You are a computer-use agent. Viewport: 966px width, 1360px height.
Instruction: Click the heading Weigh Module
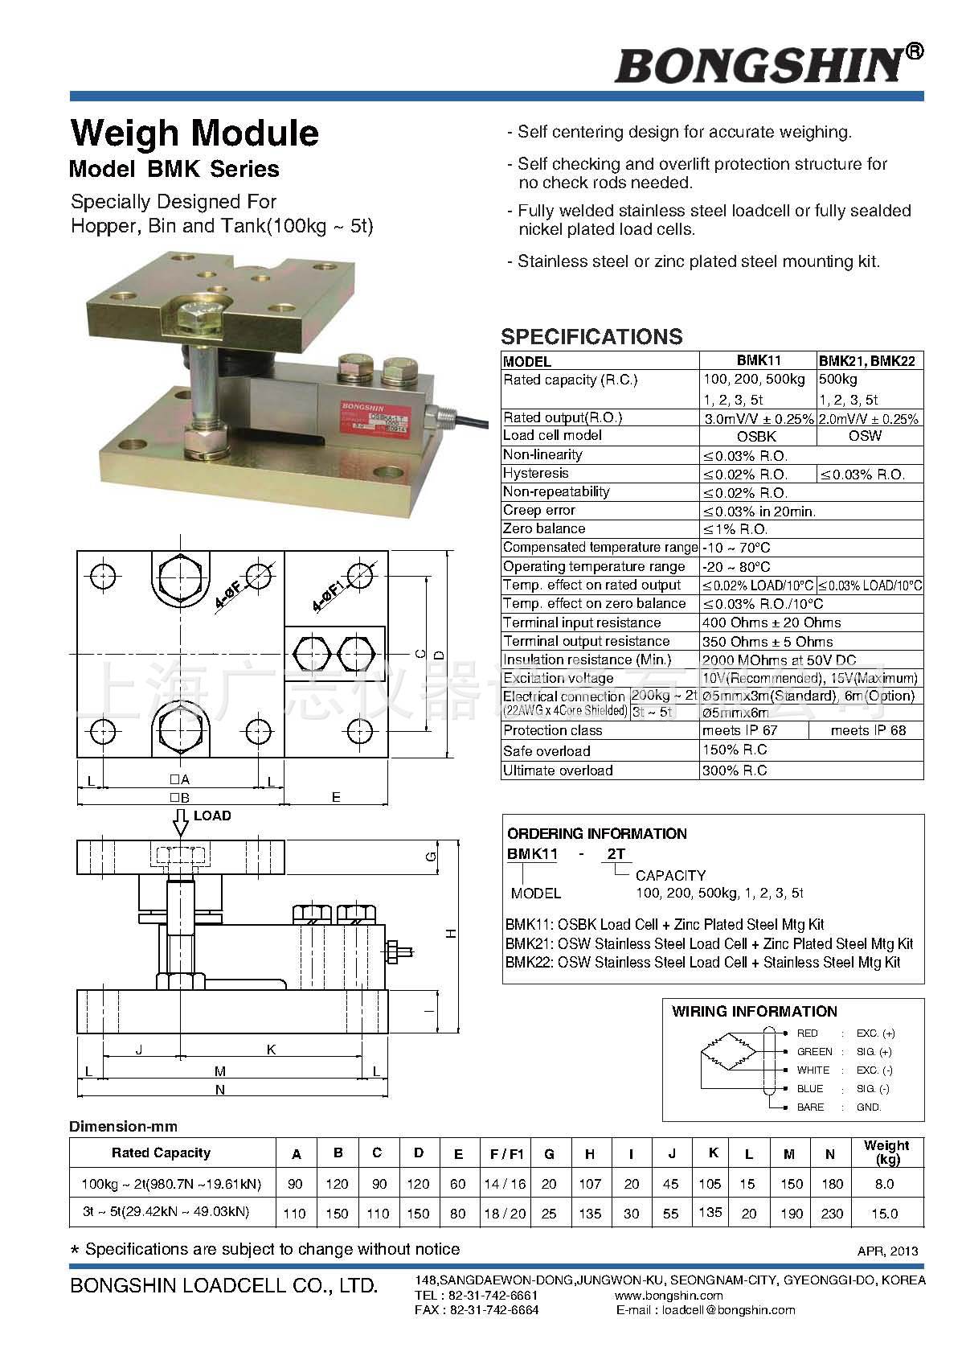click(194, 133)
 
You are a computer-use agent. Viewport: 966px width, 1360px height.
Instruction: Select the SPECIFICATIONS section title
click(591, 336)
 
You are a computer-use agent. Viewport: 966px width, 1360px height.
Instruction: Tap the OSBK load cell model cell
click(757, 436)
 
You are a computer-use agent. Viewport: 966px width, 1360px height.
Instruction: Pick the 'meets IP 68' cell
click(868, 730)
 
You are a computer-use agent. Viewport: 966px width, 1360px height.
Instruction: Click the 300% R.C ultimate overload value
click(735, 770)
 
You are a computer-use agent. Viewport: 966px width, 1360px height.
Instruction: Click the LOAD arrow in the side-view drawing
click(181, 822)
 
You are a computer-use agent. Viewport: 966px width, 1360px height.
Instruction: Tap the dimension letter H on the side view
click(452, 934)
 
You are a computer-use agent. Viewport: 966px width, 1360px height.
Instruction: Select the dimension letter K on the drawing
click(271, 1049)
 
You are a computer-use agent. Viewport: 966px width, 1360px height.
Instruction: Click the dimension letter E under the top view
click(336, 797)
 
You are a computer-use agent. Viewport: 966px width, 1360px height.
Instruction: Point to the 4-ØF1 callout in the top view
click(328, 596)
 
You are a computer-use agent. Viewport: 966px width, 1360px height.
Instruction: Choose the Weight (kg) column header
click(886, 1153)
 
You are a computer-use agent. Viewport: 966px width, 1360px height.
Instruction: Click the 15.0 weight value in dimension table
click(884, 1213)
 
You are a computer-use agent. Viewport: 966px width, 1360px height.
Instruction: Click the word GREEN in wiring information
click(814, 1051)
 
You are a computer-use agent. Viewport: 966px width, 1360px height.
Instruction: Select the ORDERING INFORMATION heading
click(597, 833)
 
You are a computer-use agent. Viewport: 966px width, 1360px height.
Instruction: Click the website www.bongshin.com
click(669, 1295)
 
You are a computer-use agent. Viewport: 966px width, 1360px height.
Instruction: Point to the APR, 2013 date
click(887, 1251)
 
